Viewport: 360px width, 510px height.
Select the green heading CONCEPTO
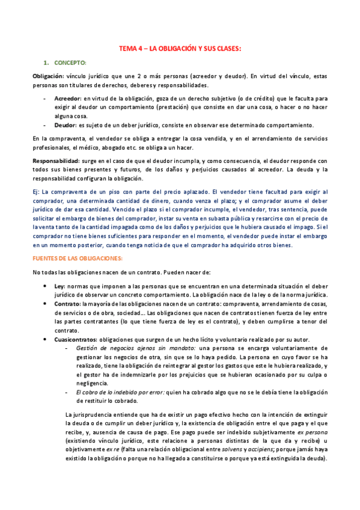70,63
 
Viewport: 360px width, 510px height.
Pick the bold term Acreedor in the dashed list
67,97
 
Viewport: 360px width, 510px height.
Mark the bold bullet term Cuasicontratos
75,339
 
